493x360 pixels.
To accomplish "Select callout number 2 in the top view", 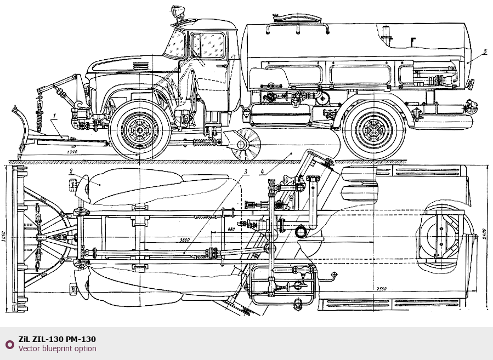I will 71,171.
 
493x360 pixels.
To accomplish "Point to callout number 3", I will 245,172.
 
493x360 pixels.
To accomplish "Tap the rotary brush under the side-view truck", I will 245,144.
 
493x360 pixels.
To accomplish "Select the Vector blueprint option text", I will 57,348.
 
